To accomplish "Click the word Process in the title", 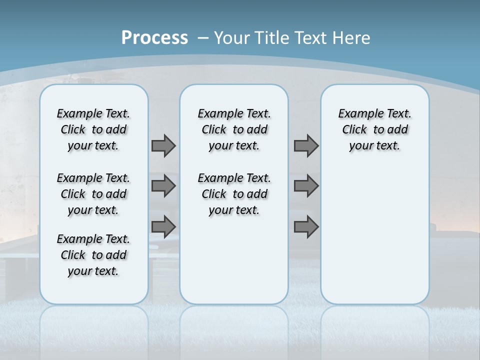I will click(154, 37).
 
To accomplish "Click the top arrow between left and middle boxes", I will click(163, 145).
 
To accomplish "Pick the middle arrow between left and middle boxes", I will click(163, 186).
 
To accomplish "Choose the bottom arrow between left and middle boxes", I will click(163, 226).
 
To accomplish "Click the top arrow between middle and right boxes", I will click(306, 145).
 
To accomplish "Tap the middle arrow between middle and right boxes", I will click(306, 186).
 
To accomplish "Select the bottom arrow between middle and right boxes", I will click(306, 226).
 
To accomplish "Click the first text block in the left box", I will click(93, 129).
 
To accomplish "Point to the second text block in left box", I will click(93, 194).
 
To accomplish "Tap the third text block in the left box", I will click(93, 255).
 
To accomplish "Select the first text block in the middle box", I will click(234, 129).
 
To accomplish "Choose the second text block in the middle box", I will click(234, 194).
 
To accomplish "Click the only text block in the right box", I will click(375, 129).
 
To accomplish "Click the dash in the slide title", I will click(203, 38).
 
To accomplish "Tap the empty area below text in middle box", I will click(234, 260).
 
